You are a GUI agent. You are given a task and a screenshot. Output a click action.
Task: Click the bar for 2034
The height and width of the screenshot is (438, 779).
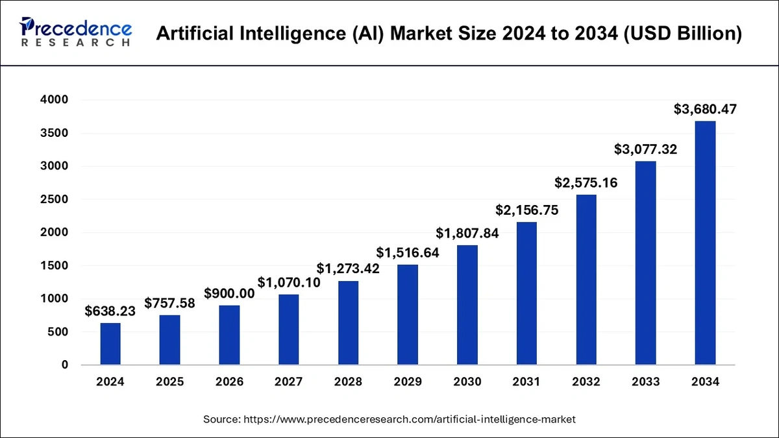tap(705, 243)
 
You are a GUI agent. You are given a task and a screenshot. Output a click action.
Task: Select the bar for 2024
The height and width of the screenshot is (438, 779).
tap(110, 344)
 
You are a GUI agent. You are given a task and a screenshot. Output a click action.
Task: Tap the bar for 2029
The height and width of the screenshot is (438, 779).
tap(408, 315)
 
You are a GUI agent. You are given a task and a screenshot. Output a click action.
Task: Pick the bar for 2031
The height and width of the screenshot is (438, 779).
tap(526, 293)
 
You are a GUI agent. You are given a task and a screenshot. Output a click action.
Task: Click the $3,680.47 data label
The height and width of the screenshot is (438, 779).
tap(705, 110)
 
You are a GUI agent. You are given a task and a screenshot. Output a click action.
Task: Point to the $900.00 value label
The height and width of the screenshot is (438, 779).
tap(229, 293)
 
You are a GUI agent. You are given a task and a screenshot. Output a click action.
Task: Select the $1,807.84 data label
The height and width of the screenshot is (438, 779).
tap(467, 233)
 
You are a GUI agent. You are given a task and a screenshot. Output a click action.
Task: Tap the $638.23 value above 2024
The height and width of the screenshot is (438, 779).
tap(110, 311)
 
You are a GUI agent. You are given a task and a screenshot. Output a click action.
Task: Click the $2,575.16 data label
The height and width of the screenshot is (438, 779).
tap(586, 182)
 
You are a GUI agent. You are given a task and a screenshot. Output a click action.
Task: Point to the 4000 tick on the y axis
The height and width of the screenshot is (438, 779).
tap(56, 100)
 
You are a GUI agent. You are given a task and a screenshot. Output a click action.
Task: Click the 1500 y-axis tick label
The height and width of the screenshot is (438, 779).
tap(56, 265)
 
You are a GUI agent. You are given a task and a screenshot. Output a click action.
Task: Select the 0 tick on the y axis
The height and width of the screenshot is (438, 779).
tap(65, 365)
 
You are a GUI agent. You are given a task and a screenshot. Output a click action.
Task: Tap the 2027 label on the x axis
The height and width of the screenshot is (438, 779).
tap(289, 382)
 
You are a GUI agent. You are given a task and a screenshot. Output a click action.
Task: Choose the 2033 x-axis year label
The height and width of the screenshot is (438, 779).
tap(645, 382)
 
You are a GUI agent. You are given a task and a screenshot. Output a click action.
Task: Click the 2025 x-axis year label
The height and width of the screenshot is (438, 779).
tap(170, 382)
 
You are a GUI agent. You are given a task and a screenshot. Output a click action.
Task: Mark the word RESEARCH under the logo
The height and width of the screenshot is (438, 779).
tap(75, 42)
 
